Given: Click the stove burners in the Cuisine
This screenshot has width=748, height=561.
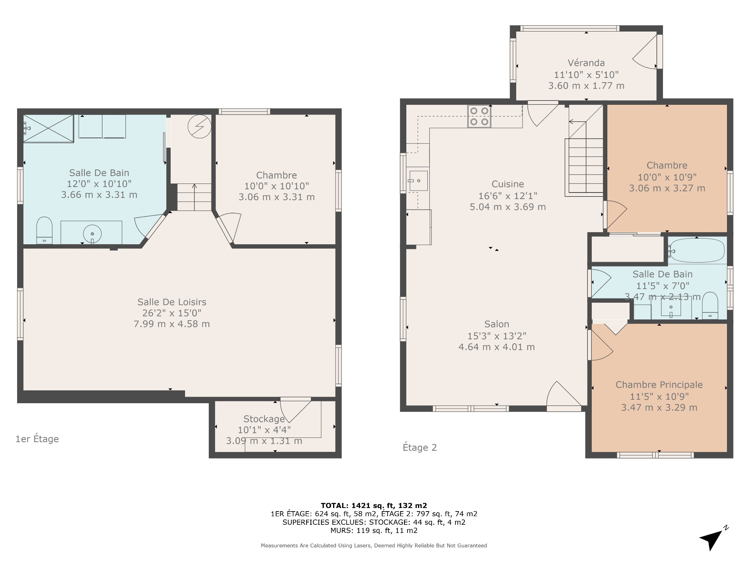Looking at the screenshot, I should point(479,116).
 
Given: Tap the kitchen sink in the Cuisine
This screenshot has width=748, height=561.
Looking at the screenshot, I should point(418,181).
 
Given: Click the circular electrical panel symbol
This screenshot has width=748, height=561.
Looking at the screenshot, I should point(199,127).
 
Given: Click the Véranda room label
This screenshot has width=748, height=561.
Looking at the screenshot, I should point(586,63).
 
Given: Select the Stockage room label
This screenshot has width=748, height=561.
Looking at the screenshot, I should point(264,419).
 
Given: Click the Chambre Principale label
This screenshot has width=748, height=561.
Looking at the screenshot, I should point(659,385).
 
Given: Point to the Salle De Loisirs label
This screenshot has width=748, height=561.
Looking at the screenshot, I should point(172,302).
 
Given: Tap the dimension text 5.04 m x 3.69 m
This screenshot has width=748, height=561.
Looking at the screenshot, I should point(508,207).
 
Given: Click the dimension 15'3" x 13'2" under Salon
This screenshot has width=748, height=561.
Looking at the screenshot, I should point(497,336).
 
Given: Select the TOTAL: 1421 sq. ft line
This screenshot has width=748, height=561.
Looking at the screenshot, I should point(374,505).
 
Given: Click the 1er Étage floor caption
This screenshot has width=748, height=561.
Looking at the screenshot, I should point(37,439).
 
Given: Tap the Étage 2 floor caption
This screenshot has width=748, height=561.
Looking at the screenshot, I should point(420,448).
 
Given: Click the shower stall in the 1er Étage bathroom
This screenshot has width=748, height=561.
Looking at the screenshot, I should point(48,128).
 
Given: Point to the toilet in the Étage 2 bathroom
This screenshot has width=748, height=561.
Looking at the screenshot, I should point(710,306).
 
